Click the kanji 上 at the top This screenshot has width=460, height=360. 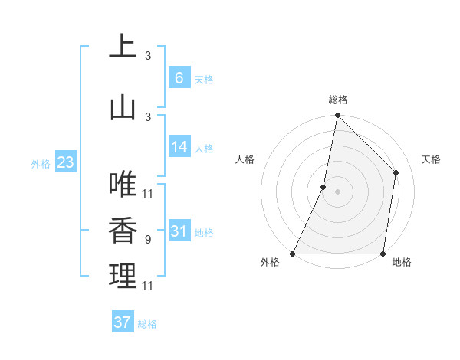[x=123, y=46]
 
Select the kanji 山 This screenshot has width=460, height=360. [x=123, y=108]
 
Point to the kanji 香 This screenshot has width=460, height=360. [x=123, y=231]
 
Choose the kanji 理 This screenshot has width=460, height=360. [x=123, y=276]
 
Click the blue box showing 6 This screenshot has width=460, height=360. [x=179, y=77]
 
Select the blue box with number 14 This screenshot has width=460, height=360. [x=179, y=148]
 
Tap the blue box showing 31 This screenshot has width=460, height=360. [x=179, y=231]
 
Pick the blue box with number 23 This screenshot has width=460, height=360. [x=65, y=162]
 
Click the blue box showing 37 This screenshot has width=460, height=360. [x=123, y=322]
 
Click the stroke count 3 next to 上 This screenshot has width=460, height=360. [x=148, y=55]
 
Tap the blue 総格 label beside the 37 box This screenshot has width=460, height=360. [x=147, y=324]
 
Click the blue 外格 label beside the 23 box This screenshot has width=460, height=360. [x=41, y=163]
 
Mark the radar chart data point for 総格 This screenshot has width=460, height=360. [x=337, y=115]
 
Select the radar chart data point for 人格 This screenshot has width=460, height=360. [x=324, y=187]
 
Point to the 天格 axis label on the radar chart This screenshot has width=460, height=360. [x=432, y=159]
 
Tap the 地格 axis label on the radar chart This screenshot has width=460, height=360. [x=402, y=263]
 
